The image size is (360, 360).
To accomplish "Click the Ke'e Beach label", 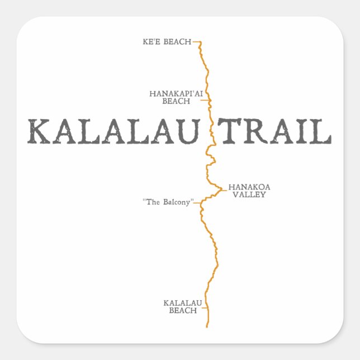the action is (167, 41).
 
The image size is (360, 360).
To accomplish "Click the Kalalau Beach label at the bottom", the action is (183, 306).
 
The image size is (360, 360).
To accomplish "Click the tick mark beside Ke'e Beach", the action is (196, 41).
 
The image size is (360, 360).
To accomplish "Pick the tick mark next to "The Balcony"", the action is (197, 202).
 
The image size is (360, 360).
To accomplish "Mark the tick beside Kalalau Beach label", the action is (204, 306).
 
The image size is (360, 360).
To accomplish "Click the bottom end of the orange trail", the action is (207, 326).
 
